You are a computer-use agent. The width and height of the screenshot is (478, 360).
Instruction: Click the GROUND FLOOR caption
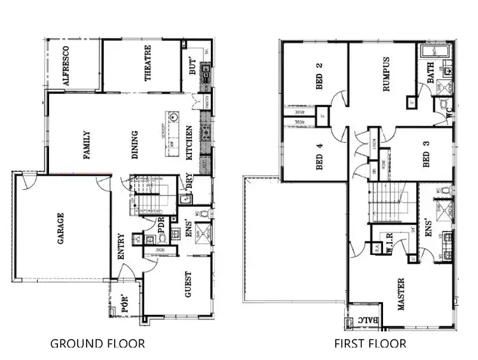coord(98,344)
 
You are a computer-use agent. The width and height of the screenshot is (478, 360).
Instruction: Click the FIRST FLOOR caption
coord(370,344)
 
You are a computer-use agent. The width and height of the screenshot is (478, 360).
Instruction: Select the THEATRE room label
coord(148,64)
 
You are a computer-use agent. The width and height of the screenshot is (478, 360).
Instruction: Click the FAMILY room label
coord(86,145)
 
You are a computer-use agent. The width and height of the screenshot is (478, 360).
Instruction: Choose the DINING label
coord(134,144)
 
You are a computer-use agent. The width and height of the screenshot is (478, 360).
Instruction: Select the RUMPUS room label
coord(386,76)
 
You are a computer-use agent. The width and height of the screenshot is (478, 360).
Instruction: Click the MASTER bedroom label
coord(402,294)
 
